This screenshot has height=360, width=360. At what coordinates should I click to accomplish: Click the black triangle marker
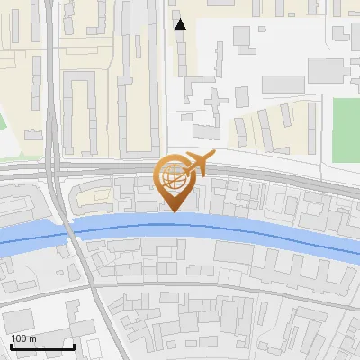point(180,24)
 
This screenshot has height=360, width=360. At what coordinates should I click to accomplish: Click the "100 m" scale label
point(23,338)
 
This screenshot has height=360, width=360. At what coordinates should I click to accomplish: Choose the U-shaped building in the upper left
point(81,112)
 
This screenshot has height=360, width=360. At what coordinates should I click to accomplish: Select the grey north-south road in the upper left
point(54,90)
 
